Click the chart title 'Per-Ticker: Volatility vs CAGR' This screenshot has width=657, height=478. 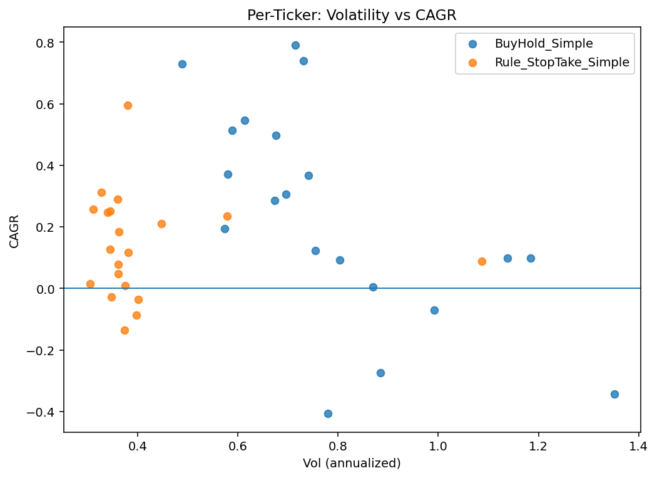point(352,15)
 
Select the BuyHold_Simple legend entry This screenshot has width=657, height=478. point(543,44)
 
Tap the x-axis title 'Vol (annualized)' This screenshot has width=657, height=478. point(352,464)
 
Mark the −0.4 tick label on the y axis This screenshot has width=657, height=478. point(42,412)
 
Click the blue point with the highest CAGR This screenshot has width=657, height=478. point(295,45)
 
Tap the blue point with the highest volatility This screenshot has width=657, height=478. point(614,394)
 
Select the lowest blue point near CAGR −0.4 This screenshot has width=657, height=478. point(328,413)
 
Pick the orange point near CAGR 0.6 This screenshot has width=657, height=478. point(128,105)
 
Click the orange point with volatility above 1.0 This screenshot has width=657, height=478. point(482,261)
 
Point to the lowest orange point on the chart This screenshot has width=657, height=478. point(125,330)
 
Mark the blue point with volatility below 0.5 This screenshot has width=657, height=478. point(182,64)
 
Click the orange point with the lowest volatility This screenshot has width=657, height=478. point(90,284)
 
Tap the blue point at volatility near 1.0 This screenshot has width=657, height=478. point(434,310)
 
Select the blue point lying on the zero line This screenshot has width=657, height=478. point(373,287)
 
